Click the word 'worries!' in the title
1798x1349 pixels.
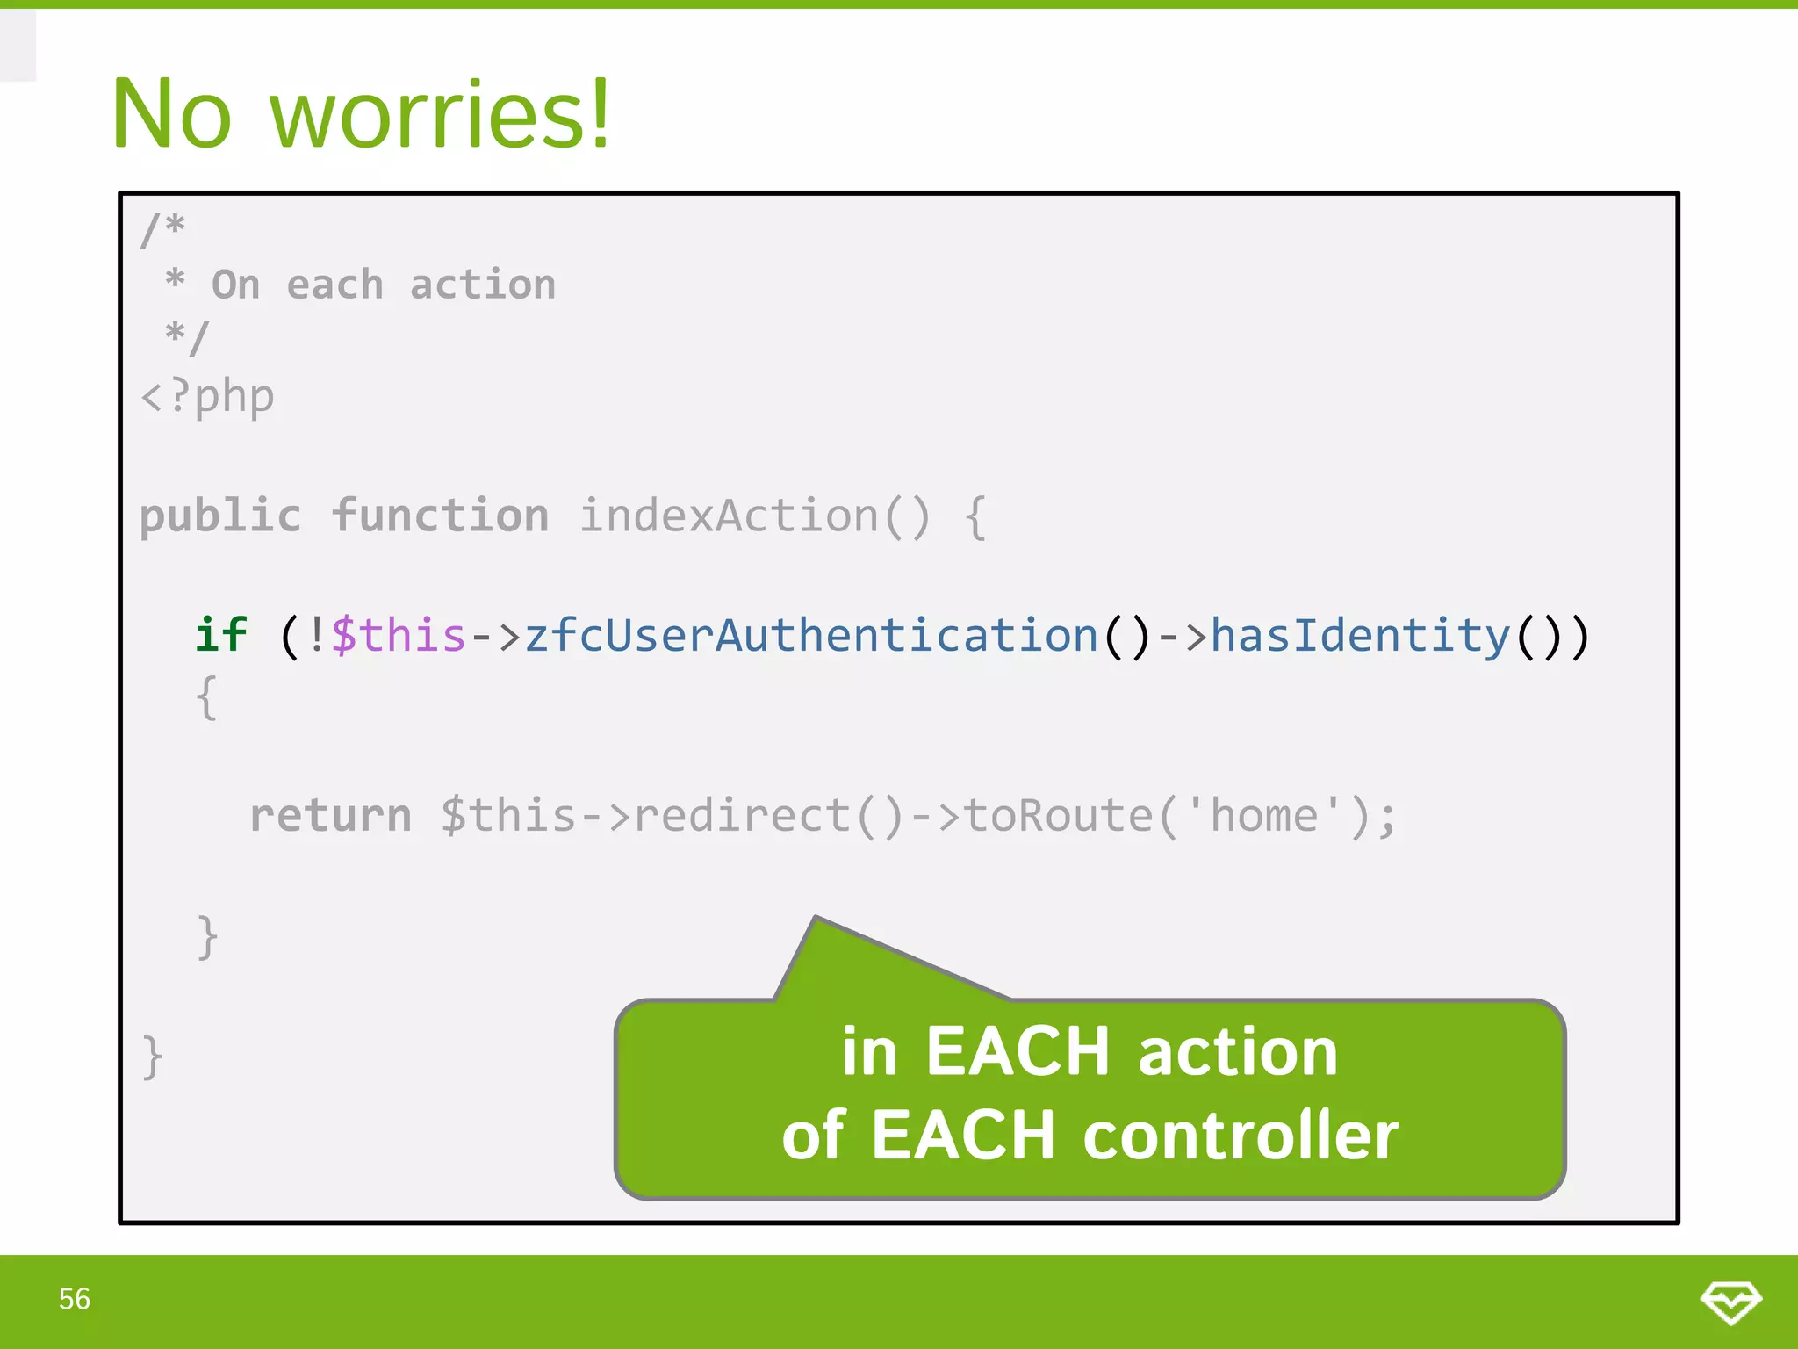(x=439, y=114)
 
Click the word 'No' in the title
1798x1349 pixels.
(x=172, y=114)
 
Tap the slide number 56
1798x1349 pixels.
(x=75, y=1299)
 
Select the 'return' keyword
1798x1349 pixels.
(x=330, y=815)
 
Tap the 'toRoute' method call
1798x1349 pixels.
(x=1058, y=815)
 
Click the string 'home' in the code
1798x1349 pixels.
(x=1263, y=815)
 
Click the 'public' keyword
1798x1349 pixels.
(x=220, y=516)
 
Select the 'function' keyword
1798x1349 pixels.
(x=440, y=516)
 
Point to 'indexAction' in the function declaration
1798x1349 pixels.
(x=729, y=516)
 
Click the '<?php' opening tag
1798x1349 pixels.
(x=208, y=396)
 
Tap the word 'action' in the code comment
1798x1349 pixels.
(x=483, y=285)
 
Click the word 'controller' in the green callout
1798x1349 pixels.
(x=1241, y=1135)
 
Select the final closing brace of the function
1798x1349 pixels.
(x=153, y=1057)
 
